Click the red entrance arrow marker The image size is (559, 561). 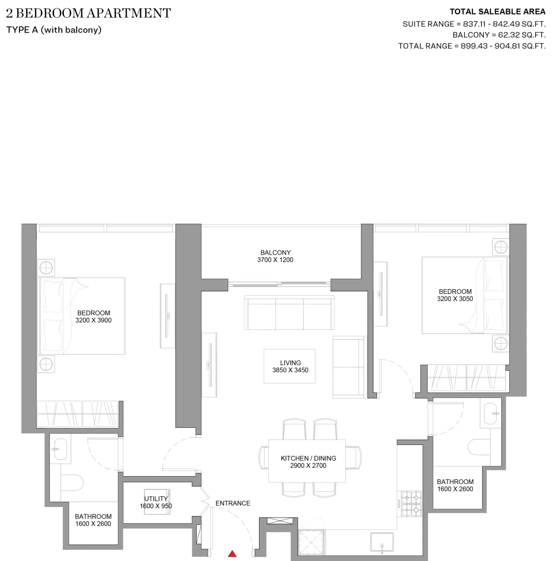click(232, 554)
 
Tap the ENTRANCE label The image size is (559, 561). click(233, 503)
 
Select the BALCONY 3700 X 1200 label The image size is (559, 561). click(275, 256)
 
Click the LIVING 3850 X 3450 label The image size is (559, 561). click(290, 366)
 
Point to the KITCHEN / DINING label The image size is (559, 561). click(308, 458)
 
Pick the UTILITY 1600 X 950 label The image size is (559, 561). click(156, 502)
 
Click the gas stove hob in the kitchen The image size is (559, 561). click(411, 504)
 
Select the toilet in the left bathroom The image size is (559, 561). click(72, 482)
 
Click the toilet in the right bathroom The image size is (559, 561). click(477, 447)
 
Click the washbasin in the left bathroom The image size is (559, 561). click(60, 448)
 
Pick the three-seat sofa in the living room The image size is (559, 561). click(289, 313)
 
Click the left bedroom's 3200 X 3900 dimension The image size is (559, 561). click(94, 320)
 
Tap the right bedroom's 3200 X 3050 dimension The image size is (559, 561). click(455, 299)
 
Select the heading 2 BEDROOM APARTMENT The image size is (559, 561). click(89, 13)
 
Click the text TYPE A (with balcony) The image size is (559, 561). click(54, 30)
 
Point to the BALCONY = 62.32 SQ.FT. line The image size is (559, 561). click(499, 35)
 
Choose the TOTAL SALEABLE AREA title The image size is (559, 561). click(497, 12)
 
